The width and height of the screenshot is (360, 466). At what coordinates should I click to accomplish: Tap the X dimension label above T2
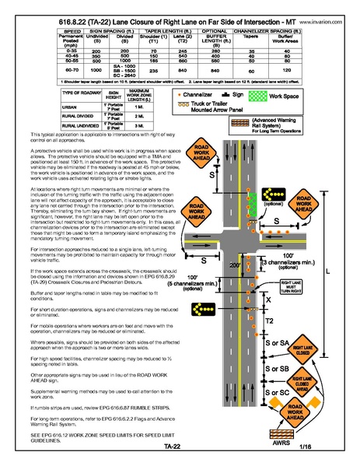coord(269,299)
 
